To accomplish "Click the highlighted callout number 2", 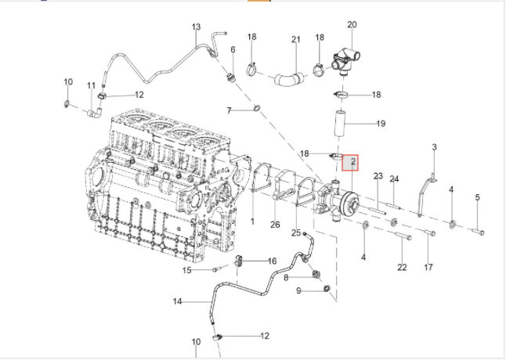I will [x=353, y=162].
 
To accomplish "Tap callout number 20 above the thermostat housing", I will [x=352, y=26].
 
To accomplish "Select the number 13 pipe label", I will [x=197, y=27].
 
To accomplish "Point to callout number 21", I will [x=296, y=40].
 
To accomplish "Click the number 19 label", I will [x=381, y=124].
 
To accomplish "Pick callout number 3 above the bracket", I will [x=434, y=147].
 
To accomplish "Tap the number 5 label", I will [x=477, y=198].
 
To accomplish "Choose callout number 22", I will [x=402, y=267].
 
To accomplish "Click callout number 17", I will [x=428, y=267].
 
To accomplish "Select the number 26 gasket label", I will [x=275, y=225].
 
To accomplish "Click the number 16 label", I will [x=273, y=261].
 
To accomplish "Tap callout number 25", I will [x=296, y=232].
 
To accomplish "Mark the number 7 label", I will [x=229, y=110].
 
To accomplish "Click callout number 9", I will [x=299, y=291].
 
